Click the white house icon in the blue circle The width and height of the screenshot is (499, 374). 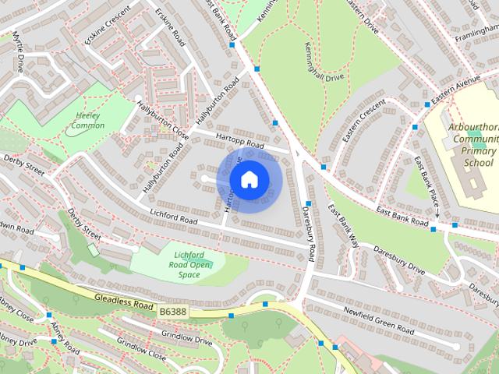pyautogui.click(x=249, y=179)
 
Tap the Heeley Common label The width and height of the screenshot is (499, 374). pyautogui.click(x=88, y=120)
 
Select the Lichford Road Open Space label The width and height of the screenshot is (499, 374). pyautogui.click(x=189, y=265)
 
